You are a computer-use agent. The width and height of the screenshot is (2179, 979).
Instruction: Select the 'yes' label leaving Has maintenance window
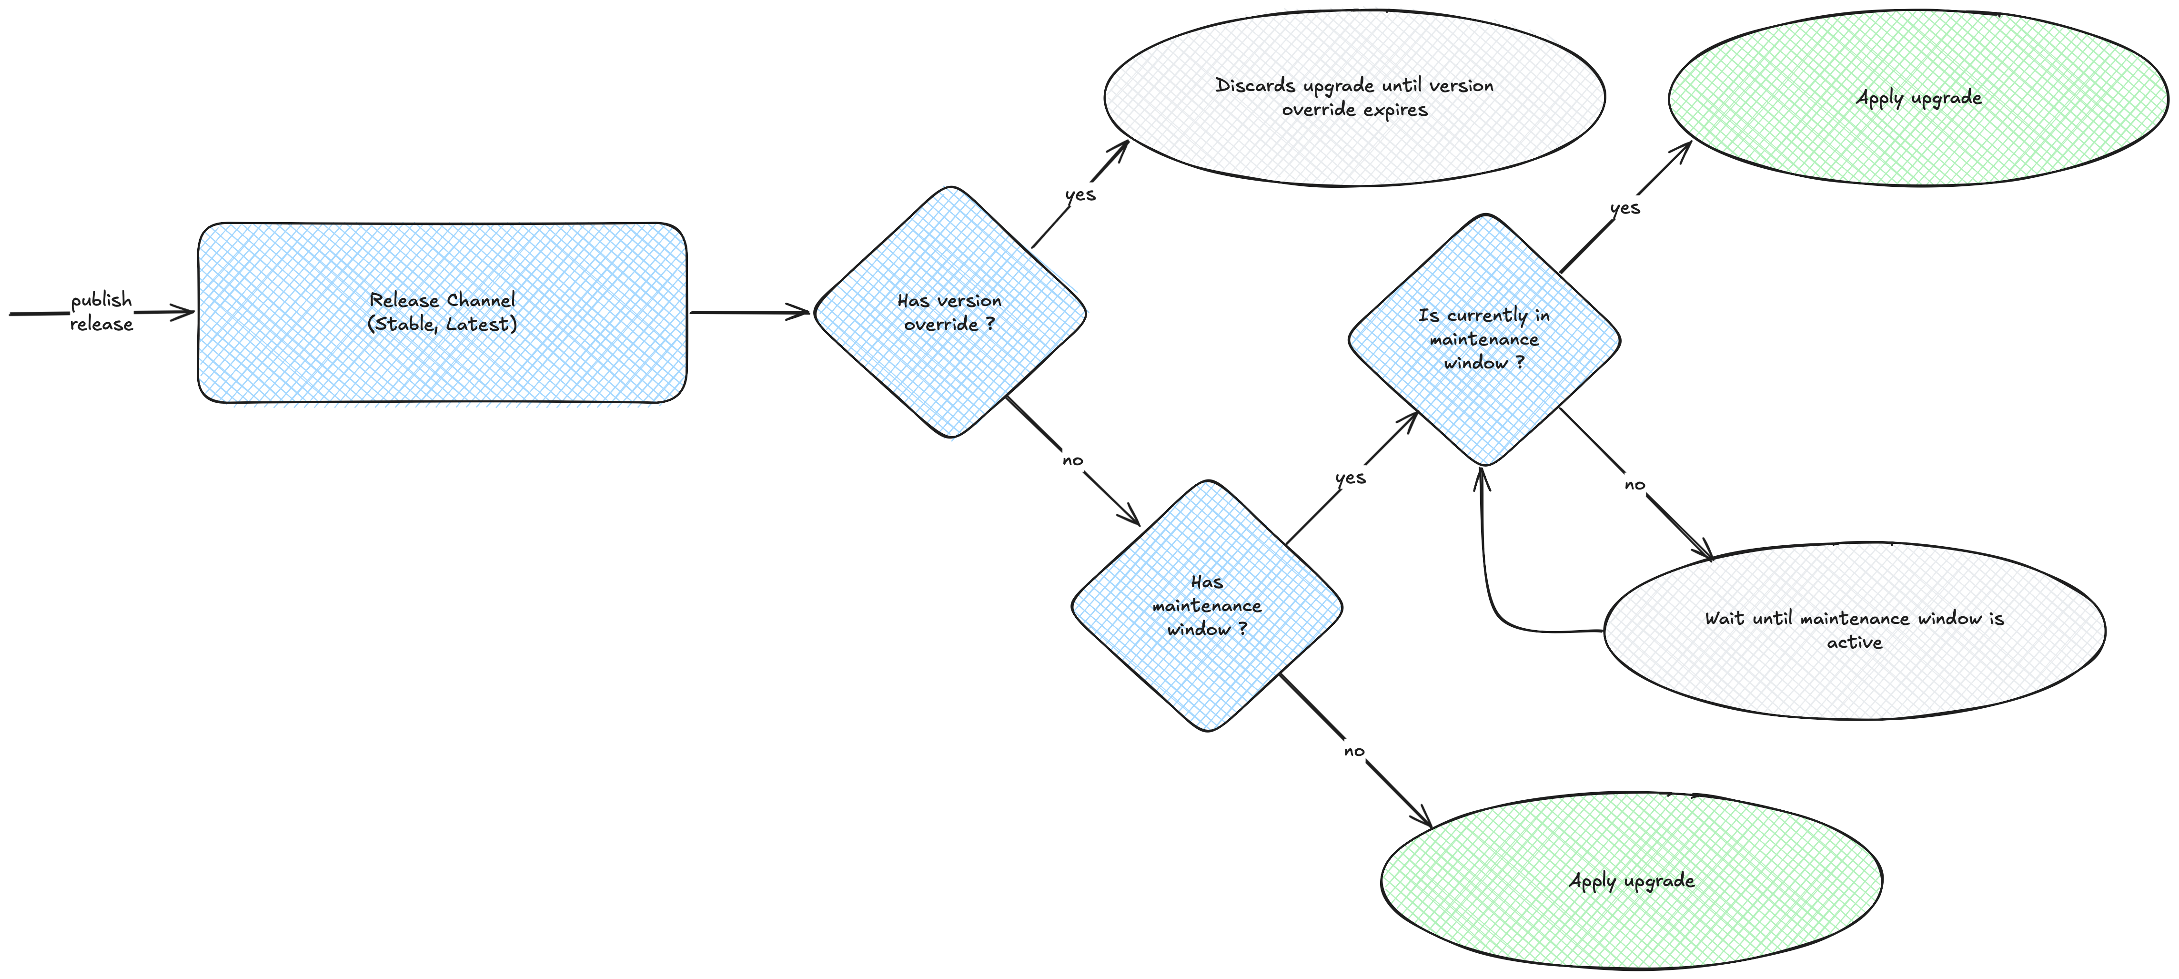(1350, 478)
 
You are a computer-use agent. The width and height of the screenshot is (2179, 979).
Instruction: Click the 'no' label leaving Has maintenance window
(1353, 751)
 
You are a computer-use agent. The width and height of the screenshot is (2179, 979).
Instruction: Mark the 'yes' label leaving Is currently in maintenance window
(1625, 208)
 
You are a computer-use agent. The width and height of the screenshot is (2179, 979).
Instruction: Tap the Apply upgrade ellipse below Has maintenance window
(1631, 881)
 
